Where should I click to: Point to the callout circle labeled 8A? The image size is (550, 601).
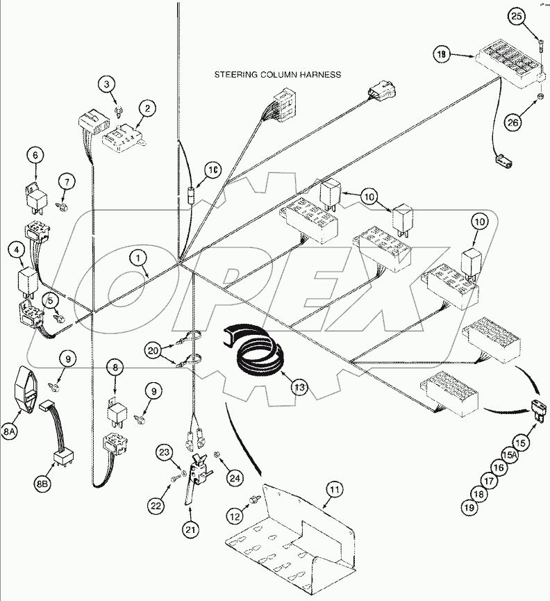click(x=10, y=432)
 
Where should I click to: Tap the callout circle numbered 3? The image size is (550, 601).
click(x=106, y=85)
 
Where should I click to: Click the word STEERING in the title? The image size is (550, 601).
click(x=239, y=74)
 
